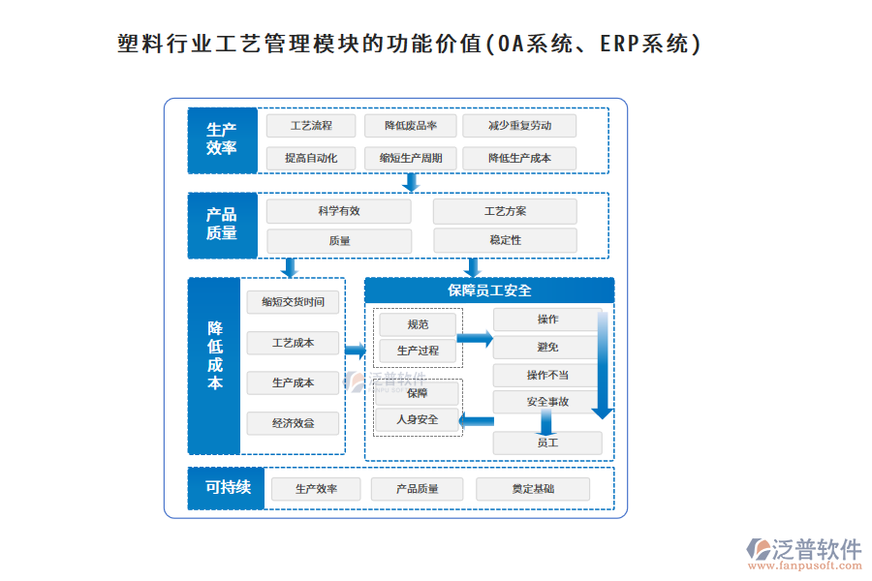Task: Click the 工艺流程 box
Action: [312, 126]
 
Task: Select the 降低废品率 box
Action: [411, 126]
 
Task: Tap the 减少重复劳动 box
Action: [519, 126]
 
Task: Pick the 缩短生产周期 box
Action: [411, 158]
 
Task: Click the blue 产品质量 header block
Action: [222, 225]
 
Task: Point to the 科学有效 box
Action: [339, 211]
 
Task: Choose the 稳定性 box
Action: [505, 240]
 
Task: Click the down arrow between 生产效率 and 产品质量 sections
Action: [412, 182]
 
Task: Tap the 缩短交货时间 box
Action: [294, 302]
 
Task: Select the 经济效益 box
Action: [294, 423]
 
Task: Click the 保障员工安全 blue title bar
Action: [489, 290]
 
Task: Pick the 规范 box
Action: [418, 324]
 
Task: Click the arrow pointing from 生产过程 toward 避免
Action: [475, 339]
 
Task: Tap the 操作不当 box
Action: [547, 376]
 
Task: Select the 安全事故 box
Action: [547, 402]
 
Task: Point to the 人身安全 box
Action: [418, 419]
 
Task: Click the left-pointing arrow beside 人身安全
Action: [475, 420]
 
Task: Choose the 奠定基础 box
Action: [533, 489]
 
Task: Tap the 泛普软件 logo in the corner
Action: [803, 552]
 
